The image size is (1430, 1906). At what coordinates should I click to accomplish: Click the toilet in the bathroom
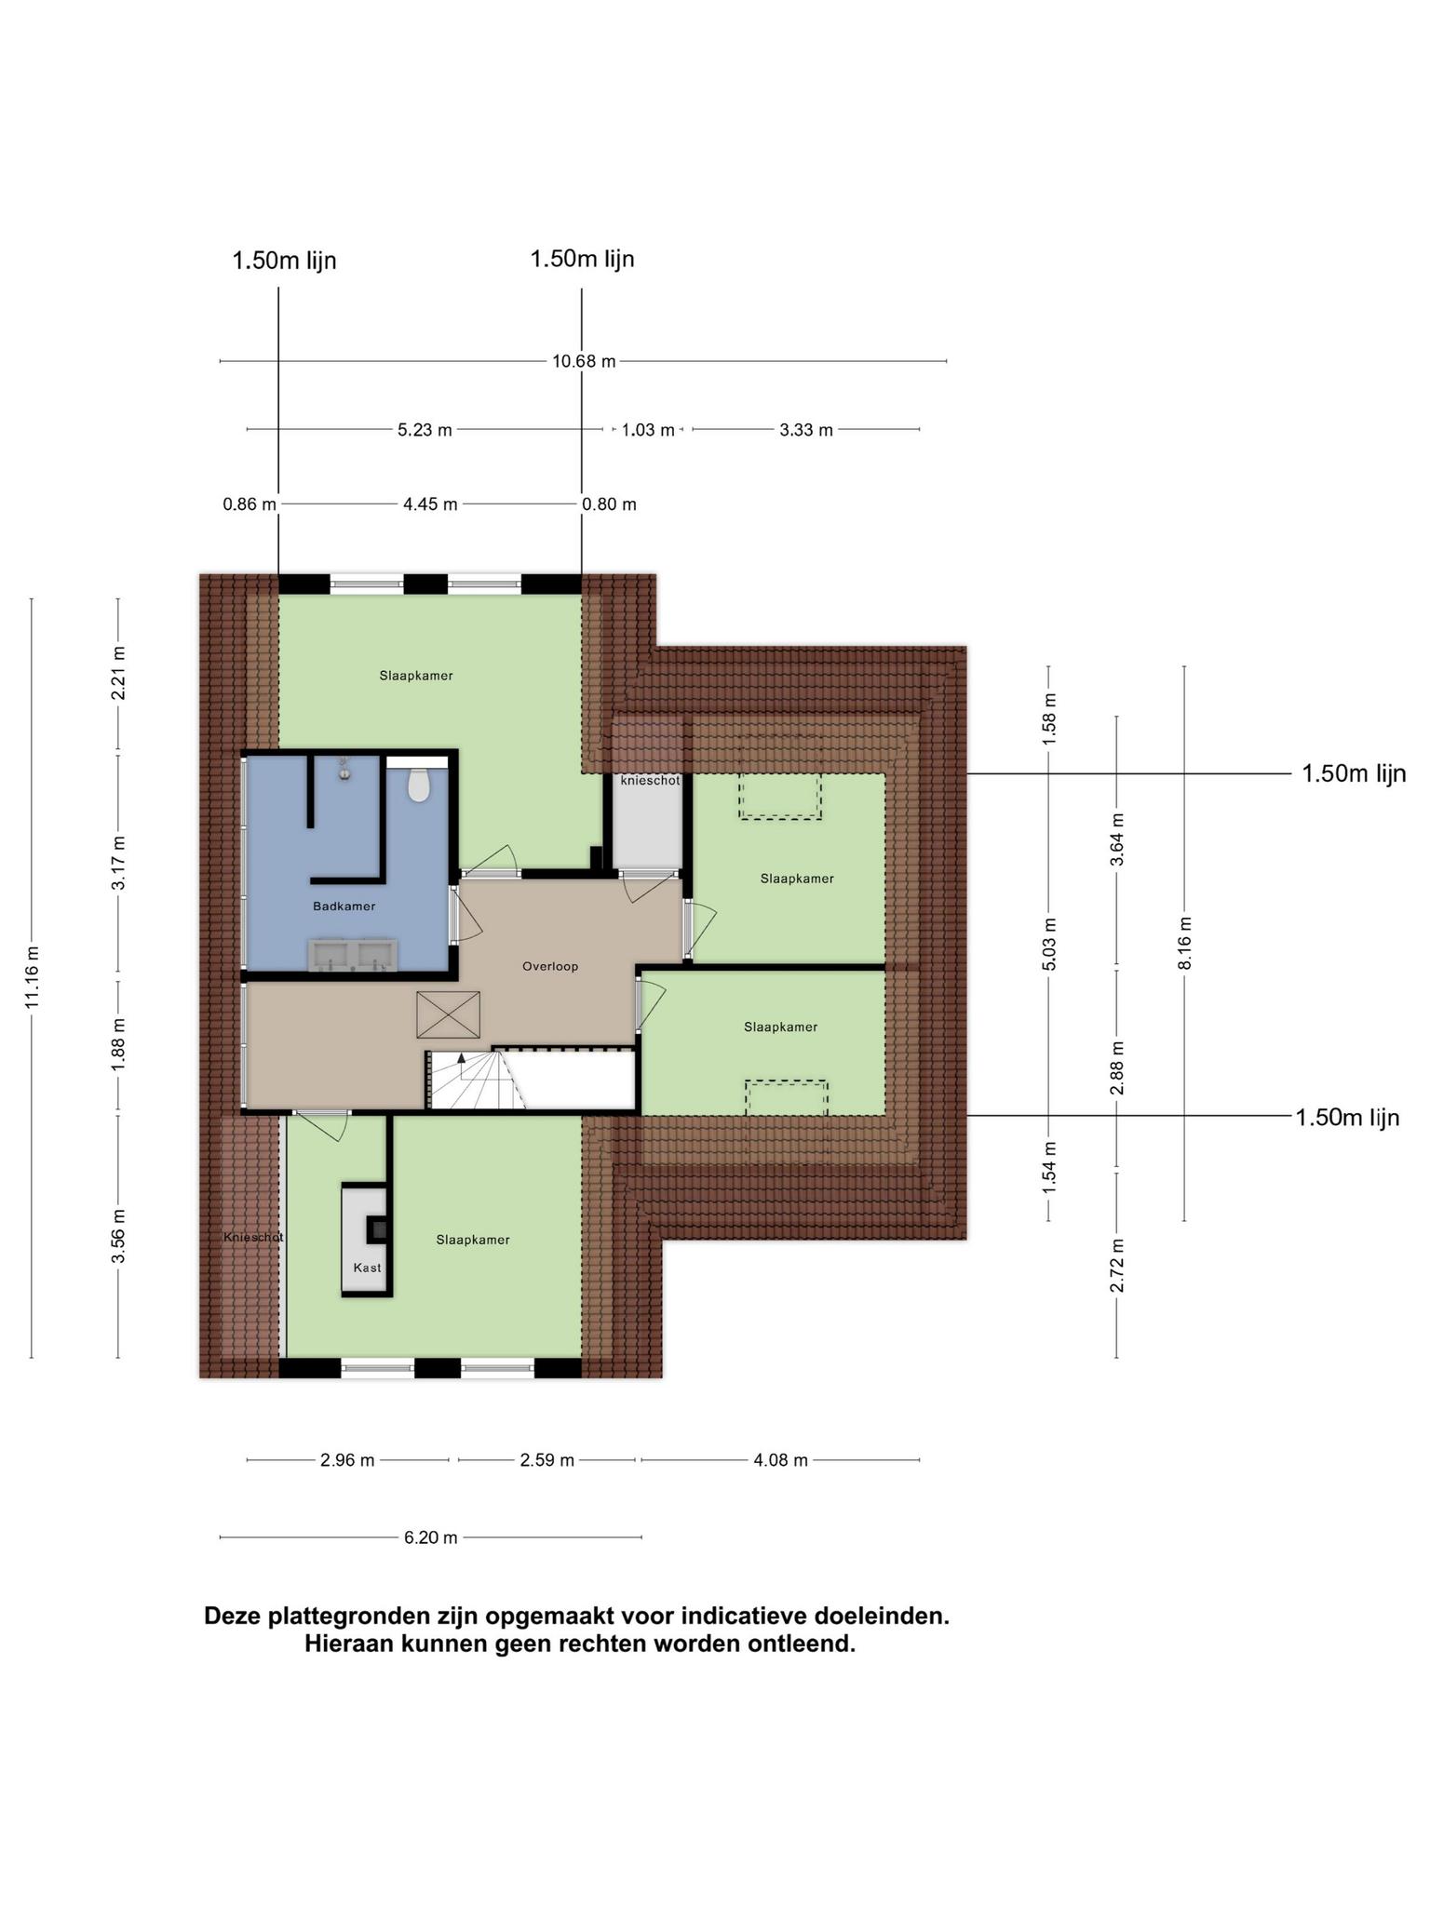click(419, 785)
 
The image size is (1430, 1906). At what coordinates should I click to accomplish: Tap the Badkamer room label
click(344, 906)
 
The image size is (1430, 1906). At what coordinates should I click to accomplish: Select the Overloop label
click(550, 966)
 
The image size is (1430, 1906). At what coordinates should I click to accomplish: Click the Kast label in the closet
click(367, 1268)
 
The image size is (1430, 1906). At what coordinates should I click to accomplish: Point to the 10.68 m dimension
click(584, 361)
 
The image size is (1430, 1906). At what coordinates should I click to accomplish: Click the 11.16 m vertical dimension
click(33, 977)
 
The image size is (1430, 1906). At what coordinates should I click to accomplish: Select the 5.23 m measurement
click(425, 430)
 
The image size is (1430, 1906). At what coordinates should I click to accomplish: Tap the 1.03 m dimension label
click(648, 430)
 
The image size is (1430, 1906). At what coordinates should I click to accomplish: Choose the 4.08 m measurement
click(780, 1460)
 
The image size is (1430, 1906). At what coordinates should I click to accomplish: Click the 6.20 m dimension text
click(430, 1537)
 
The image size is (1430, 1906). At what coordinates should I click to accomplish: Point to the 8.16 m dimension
click(1184, 944)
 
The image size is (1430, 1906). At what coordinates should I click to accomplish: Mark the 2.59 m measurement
click(546, 1460)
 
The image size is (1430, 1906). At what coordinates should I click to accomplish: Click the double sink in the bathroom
click(354, 955)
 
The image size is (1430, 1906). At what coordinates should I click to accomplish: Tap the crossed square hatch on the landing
click(449, 1014)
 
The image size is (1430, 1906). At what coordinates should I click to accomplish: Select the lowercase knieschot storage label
click(650, 781)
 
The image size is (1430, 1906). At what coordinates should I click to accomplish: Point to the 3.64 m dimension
click(1117, 839)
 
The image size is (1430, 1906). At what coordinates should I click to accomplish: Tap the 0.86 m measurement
click(250, 504)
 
